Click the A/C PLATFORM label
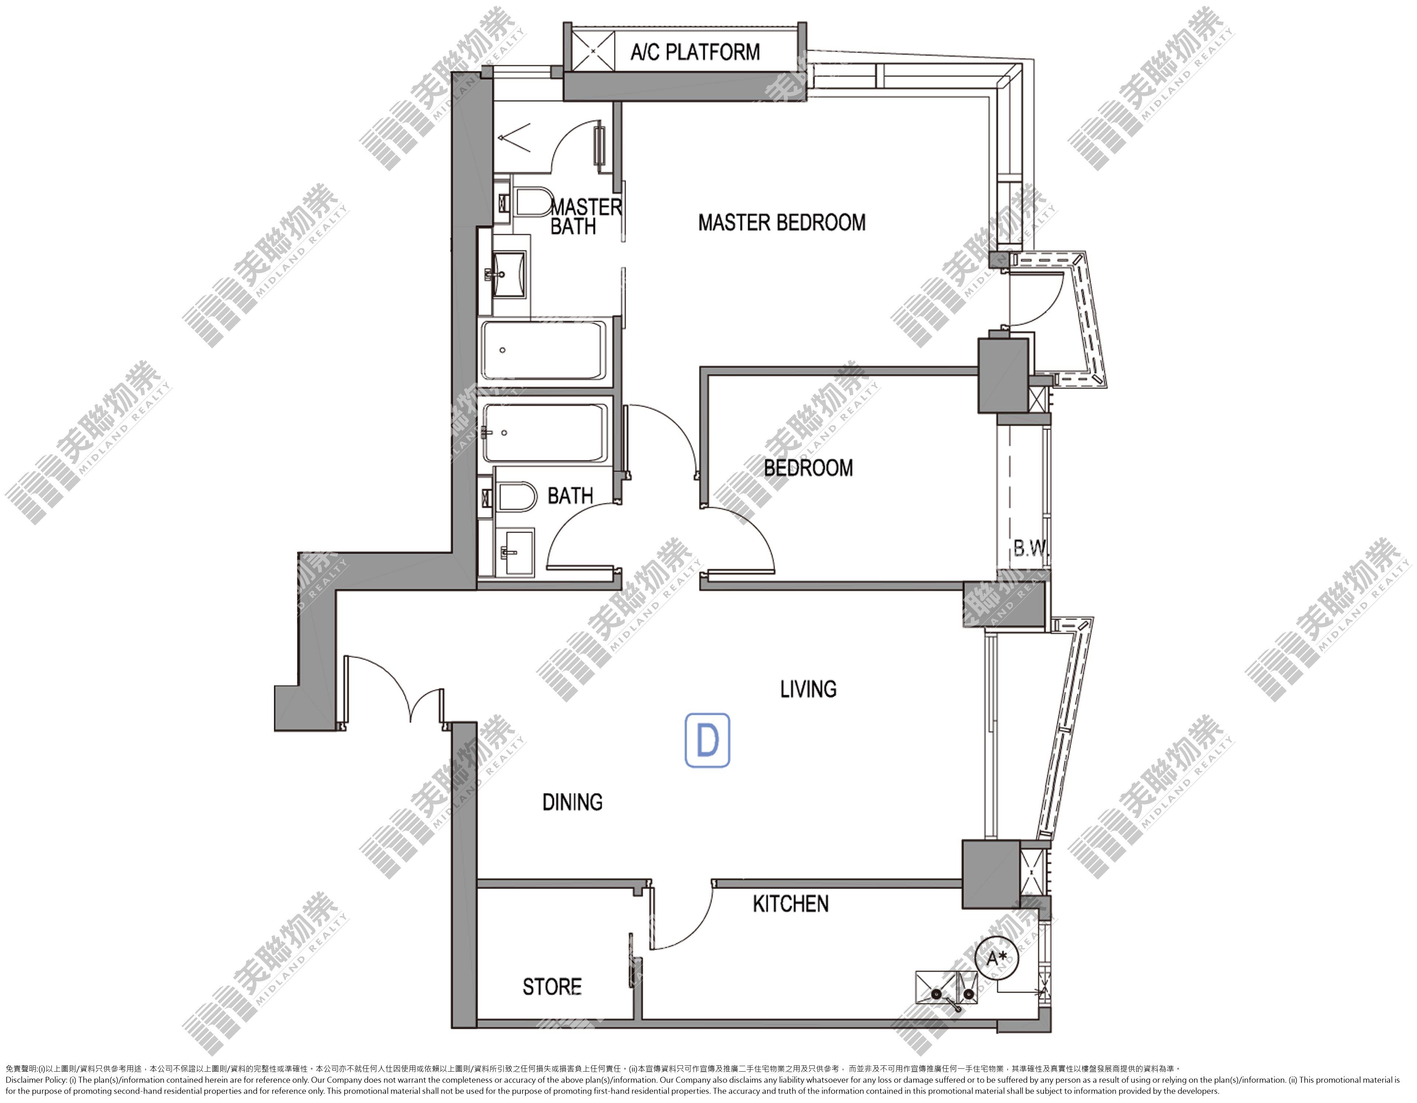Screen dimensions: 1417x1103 click(695, 52)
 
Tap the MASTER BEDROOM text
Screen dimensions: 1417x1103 click(782, 222)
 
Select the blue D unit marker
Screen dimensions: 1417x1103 click(707, 740)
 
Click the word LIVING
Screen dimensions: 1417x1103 click(809, 689)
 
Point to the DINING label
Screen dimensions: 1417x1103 click(572, 802)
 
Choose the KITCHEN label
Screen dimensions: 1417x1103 click(790, 904)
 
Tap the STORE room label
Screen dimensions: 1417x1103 click(552, 987)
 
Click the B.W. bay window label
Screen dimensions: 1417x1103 click(1030, 549)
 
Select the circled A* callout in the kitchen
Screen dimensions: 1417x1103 click(997, 958)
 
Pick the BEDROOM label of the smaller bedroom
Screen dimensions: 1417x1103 click(809, 467)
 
